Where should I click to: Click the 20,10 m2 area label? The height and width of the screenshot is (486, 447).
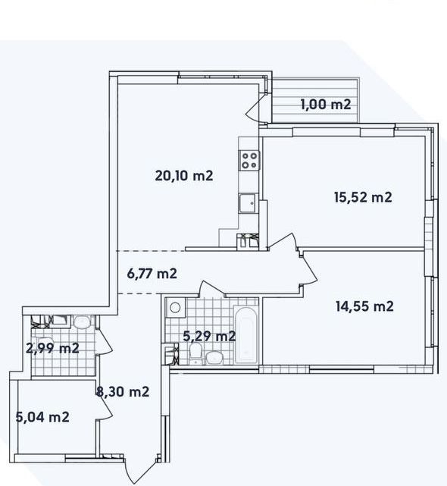coord(184,176)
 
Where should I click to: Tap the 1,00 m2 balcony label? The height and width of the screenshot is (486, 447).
coord(326,105)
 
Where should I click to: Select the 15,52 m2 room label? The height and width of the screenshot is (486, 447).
coord(363,197)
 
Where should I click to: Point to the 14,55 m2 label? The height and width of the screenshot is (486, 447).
coord(364,306)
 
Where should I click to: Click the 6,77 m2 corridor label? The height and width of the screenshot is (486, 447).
coord(152,274)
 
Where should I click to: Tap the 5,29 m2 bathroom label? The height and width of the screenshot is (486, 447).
coord(209,336)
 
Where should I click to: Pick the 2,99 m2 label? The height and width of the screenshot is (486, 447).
coord(53,348)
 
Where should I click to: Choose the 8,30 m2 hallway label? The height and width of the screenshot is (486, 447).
coord(123,392)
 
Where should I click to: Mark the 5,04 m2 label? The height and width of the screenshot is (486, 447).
coord(42,417)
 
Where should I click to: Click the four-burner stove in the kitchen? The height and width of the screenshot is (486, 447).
coord(249,160)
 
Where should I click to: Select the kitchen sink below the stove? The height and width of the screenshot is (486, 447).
coord(248,203)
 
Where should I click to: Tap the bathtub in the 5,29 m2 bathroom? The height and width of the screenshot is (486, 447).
coord(245,335)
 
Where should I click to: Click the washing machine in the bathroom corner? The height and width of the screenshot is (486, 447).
coord(175,308)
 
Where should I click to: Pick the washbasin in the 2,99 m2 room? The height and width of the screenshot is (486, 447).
coord(82,322)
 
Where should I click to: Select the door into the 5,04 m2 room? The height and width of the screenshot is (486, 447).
coord(104,407)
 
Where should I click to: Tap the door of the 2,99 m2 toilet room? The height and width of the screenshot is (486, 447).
coord(104,340)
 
